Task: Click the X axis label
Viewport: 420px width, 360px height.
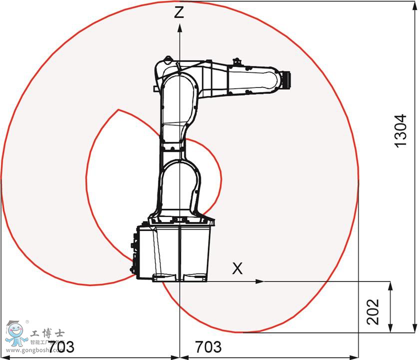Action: (x=238, y=268)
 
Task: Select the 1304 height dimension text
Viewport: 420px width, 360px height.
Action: (x=401, y=130)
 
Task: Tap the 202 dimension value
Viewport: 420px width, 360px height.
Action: (x=374, y=311)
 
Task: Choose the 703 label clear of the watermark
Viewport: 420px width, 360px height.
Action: (x=208, y=346)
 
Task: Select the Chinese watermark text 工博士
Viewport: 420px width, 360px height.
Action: (x=47, y=333)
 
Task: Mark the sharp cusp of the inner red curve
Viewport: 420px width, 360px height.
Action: (x=118, y=109)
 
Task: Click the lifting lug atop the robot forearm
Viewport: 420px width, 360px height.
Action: (x=237, y=62)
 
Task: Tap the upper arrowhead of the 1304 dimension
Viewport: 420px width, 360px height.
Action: (x=415, y=5)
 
